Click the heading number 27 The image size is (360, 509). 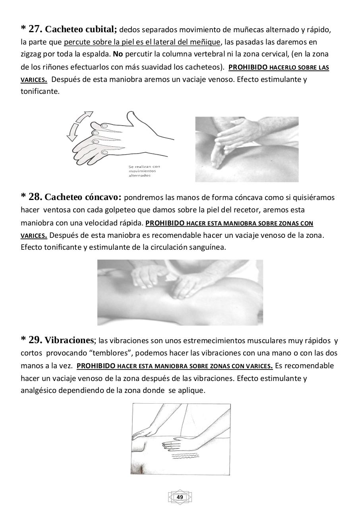click(35, 29)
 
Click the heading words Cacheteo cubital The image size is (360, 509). click(81, 29)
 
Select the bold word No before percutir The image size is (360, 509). click(117, 54)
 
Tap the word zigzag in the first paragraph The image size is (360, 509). click(32, 54)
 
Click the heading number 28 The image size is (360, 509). click(35, 197)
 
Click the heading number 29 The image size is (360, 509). click(35, 340)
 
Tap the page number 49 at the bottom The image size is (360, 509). click(180, 497)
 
